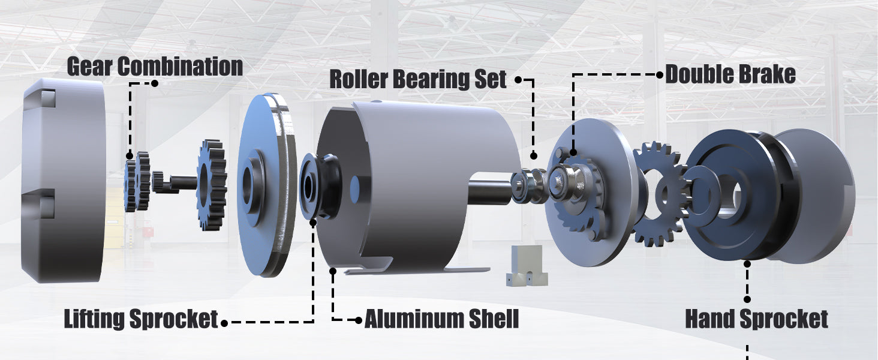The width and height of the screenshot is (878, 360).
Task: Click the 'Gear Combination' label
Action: (155, 66)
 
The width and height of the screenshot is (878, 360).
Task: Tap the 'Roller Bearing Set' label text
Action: (418, 79)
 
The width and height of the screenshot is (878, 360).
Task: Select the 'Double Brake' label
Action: (730, 74)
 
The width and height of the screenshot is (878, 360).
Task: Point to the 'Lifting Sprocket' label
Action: (141, 319)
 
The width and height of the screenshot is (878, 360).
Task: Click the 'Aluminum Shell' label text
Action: (442, 319)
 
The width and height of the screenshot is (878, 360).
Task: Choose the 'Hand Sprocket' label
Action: (756, 319)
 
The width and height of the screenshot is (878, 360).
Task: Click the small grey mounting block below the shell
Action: (527, 265)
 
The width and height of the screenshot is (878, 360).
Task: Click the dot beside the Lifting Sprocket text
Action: (224, 323)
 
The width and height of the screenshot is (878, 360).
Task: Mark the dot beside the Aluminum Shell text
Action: (358, 320)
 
